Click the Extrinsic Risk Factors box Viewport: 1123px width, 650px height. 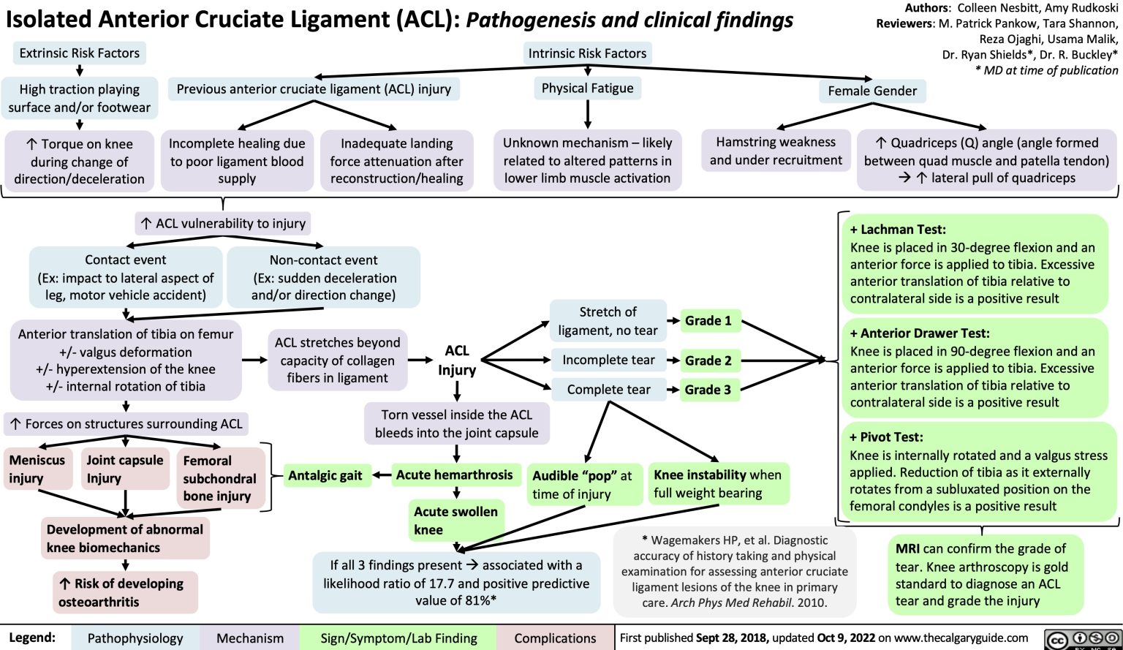tap(79, 53)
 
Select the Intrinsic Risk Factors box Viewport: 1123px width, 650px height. tap(587, 53)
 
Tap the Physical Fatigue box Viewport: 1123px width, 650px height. tap(587, 88)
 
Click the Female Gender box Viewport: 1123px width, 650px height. tap(871, 91)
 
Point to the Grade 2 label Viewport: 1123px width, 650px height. tap(708, 360)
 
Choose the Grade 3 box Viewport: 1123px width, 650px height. tap(708, 390)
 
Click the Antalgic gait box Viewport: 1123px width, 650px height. tap(325, 475)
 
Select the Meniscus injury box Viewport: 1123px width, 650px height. tap(37, 469)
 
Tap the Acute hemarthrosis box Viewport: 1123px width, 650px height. tap(454, 475)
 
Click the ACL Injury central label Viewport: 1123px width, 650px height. tap(457, 360)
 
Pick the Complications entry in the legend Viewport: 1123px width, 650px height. tap(555, 638)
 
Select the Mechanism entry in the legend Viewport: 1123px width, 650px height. tap(250, 638)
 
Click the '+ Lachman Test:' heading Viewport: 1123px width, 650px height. tap(898, 229)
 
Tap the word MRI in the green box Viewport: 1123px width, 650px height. tap(908, 548)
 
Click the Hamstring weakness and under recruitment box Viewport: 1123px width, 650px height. tap(776, 151)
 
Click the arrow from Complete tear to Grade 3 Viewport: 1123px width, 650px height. tap(672, 390)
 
